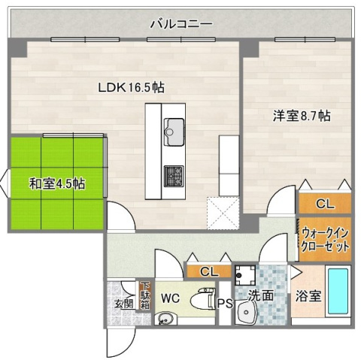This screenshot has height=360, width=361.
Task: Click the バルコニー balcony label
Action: (180, 24)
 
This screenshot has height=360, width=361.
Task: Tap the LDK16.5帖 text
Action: (131, 87)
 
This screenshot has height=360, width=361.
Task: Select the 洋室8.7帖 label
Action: (301, 116)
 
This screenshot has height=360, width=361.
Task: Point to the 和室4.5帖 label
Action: (56, 183)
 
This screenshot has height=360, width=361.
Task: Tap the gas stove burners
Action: (174, 174)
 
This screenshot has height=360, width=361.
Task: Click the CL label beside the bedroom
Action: (325, 203)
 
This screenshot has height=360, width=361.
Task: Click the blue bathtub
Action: (338, 293)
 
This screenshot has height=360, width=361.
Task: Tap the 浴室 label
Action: (309, 296)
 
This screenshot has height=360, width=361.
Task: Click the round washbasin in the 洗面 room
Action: (246, 313)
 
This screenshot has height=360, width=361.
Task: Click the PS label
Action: (225, 304)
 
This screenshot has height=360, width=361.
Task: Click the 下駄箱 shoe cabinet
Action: (144, 295)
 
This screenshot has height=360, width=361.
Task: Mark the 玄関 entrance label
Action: (123, 304)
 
